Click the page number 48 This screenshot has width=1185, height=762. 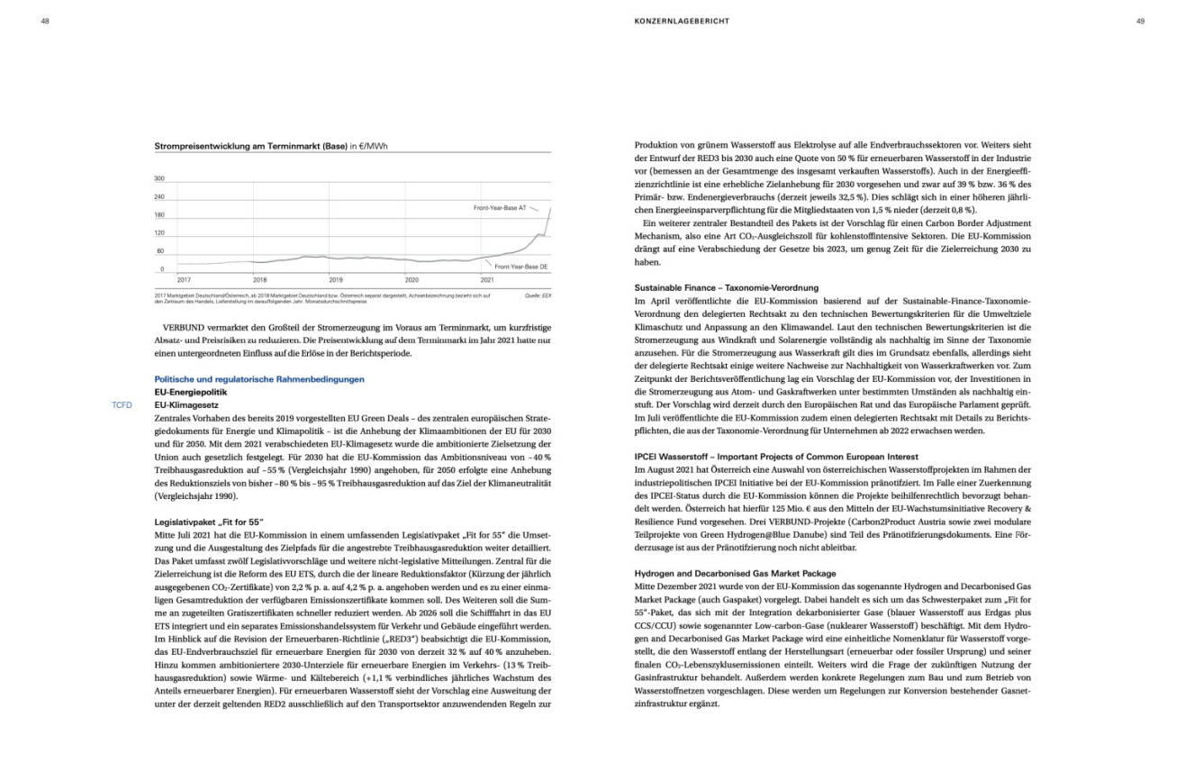tap(45, 21)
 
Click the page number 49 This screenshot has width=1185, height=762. tap(1140, 21)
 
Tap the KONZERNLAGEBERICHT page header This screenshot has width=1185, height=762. tap(682, 21)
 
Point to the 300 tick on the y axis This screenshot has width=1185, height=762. tap(159, 179)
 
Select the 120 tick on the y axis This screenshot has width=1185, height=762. tap(159, 232)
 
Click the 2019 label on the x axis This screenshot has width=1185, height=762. tap(335, 280)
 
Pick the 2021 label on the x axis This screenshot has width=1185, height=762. tap(487, 280)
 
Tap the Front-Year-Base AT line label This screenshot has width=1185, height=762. tap(500, 208)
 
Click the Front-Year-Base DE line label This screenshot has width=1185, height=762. tap(522, 267)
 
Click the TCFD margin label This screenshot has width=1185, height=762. tap(122, 405)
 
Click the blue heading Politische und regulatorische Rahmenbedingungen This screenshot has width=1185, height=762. tap(259, 380)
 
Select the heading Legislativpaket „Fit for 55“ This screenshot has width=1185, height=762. tap(209, 522)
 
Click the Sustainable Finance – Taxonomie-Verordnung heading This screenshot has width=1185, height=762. tap(727, 287)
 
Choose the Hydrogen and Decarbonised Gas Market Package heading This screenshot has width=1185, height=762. tap(735, 573)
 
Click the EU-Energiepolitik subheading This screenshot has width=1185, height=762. tap(191, 393)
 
